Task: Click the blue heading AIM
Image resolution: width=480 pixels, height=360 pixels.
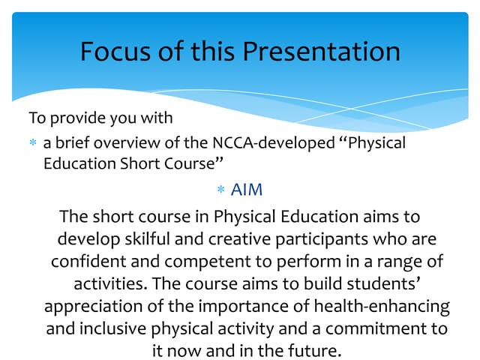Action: [x=247, y=190]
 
